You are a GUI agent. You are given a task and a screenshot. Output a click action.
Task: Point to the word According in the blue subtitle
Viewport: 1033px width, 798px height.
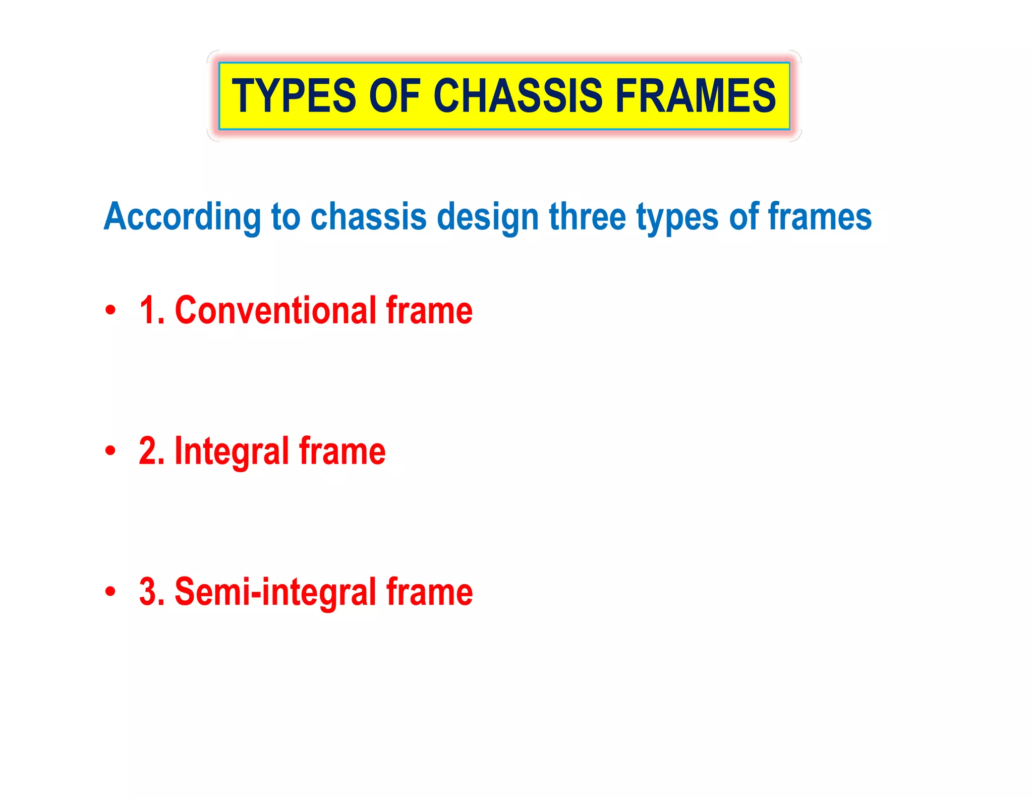point(182,217)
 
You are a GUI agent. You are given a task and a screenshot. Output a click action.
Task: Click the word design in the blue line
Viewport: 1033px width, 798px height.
point(488,217)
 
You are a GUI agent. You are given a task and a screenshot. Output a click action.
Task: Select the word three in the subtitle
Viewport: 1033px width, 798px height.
point(587,217)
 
